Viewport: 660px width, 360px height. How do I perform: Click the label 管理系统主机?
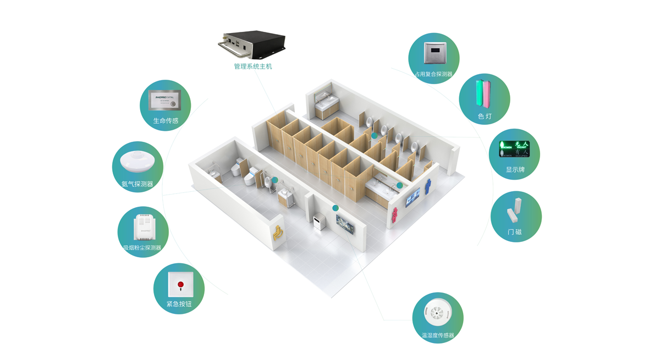tap(252, 67)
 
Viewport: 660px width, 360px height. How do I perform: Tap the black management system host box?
tap(252, 44)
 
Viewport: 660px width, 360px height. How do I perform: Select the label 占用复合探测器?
tap(433, 74)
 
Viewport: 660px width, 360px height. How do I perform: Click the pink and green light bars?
tap(484, 93)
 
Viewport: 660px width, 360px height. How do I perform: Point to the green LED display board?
tap(514, 148)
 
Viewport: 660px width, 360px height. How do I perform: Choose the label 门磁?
tap(515, 232)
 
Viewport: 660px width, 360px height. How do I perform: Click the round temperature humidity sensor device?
tap(437, 314)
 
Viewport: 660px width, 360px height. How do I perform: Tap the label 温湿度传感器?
tap(438, 335)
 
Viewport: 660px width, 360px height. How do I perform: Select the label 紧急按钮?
tap(179, 304)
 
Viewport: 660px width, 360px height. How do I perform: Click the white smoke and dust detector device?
tap(144, 227)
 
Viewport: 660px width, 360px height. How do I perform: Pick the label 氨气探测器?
tap(137, 184)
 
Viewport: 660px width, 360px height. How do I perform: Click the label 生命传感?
tap(166, 120)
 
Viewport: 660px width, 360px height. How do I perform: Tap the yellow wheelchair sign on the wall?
tap(278, 233)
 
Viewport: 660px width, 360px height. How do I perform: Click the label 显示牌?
tap(515, 170)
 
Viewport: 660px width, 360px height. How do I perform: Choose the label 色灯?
tap(485, 117)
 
